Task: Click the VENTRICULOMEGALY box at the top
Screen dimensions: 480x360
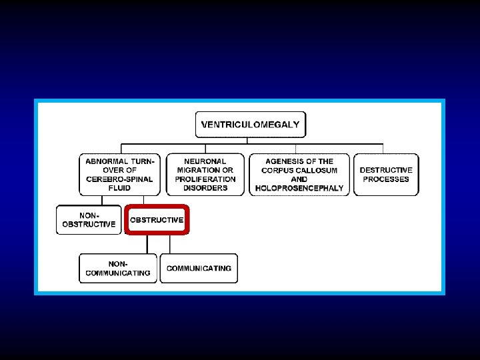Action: pos(250,125)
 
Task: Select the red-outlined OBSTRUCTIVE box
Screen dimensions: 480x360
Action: pos(157,220)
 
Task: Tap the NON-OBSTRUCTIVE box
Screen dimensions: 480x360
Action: pos(89,220)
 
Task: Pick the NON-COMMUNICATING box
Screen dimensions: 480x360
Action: pos(118,268)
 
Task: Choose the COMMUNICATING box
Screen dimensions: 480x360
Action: pos(199,268)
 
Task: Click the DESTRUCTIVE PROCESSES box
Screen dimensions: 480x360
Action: pos(386,175)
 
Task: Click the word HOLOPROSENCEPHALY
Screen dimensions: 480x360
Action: pos(299,188)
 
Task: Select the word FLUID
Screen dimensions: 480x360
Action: pos(119,188)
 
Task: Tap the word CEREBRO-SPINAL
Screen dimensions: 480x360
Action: pos(119,179)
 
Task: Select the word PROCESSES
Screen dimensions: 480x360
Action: pos(386,179)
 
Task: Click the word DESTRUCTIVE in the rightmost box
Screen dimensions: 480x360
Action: pos(386,170)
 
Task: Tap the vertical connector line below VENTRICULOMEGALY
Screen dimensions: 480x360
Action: pos(247,140)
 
